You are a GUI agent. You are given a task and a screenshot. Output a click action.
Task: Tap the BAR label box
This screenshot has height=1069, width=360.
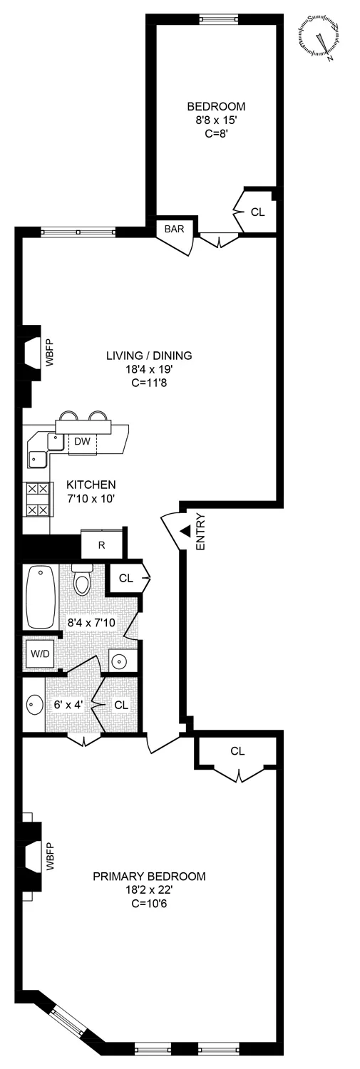(175, 229)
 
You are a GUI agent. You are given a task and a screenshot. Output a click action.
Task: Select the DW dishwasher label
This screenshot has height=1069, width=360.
(83, 442)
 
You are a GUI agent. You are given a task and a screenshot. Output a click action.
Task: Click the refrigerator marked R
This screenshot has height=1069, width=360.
(101, 544)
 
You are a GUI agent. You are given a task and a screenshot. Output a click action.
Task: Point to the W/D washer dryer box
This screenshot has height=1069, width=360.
(38, 653)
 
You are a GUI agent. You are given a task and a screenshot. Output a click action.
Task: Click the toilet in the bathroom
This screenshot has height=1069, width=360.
(83, 581)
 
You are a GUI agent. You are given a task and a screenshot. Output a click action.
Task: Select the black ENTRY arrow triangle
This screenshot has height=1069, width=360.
(184, 531)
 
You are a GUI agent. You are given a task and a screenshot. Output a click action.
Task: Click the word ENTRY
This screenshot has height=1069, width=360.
(200, 531)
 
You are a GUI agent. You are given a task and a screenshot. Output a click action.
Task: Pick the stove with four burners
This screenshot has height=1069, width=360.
(37, 499)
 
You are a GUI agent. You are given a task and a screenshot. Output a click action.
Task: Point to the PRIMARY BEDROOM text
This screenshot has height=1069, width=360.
(149, 876)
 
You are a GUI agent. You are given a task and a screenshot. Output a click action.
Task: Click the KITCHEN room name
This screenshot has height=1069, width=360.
(90, 485)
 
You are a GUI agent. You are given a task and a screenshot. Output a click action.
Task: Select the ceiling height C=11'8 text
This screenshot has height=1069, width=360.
(149, 382)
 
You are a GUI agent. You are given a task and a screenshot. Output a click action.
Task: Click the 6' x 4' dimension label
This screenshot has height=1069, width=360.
(68, 705)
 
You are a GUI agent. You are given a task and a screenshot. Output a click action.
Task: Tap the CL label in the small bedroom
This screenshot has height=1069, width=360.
(257, 212)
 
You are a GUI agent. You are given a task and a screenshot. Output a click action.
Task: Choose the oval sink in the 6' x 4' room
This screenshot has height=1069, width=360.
(34, 705)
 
